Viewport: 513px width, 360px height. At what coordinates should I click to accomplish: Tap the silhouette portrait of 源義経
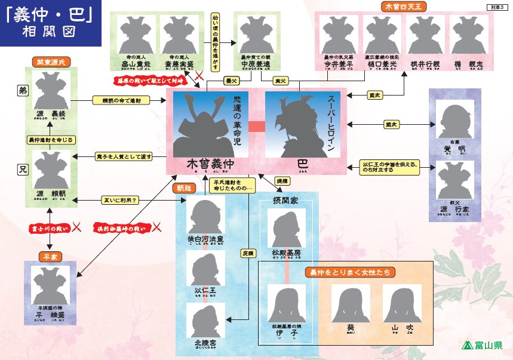(x=51, y=90)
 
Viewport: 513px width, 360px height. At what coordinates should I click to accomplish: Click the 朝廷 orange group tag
(x=185, y=187)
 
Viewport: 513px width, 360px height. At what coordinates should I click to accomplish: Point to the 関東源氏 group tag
(x=51, y=61)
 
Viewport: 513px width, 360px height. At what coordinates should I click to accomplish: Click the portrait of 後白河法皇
(x=205, y=216)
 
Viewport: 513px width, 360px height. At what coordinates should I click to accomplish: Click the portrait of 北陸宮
(x=206, y=320)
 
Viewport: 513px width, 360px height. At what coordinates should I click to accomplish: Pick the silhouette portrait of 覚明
(x=456, y=122)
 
